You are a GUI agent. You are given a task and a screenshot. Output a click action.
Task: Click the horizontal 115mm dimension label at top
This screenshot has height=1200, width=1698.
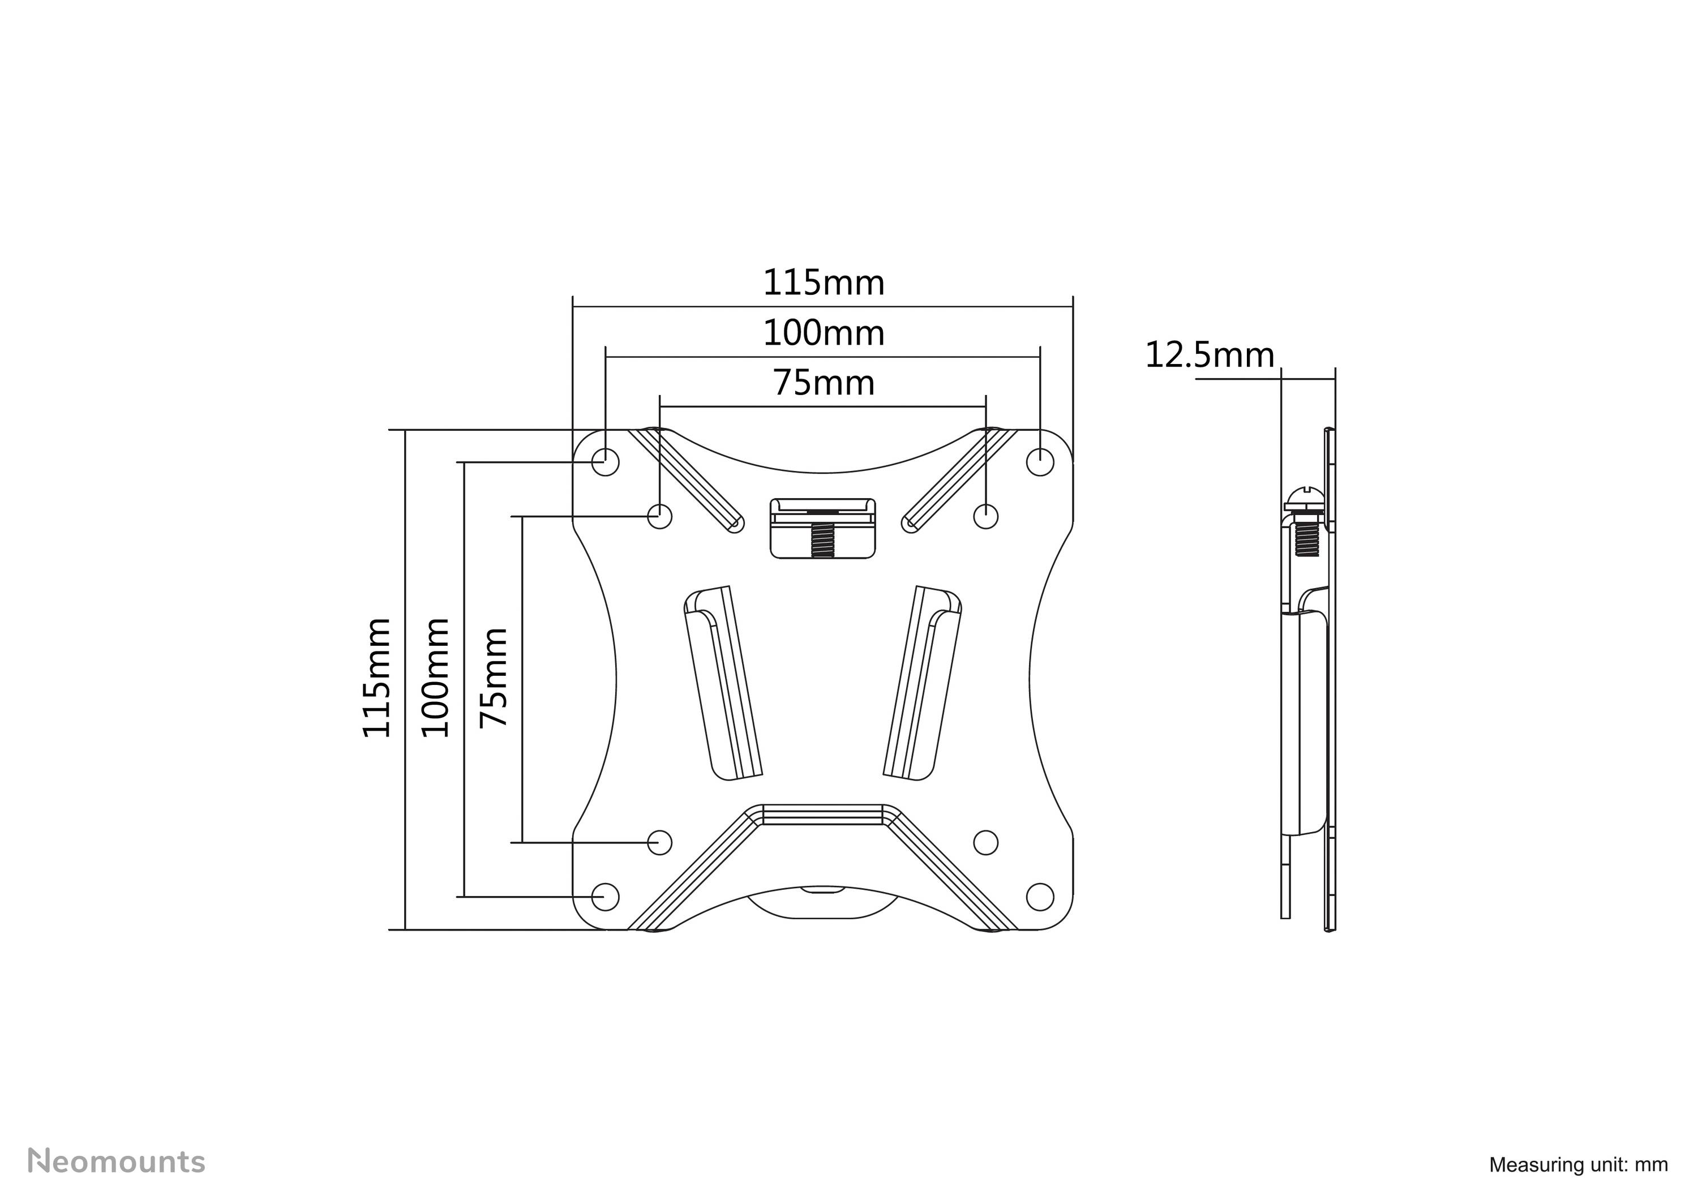click(823, 283)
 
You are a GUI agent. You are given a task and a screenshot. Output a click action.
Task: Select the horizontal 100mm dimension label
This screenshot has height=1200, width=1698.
click(823, 333)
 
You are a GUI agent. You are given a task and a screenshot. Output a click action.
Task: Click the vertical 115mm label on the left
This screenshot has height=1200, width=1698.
click(376, 678)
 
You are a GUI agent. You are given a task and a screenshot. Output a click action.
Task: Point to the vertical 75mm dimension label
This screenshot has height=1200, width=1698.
click(494, 678)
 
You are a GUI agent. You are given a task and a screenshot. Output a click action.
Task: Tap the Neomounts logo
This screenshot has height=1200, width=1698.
click(116, 1161)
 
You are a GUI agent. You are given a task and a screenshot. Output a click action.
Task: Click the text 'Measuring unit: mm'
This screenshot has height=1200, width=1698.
click(1578, 1164)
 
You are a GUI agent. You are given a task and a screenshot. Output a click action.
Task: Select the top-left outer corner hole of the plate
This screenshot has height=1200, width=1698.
click(605, 462)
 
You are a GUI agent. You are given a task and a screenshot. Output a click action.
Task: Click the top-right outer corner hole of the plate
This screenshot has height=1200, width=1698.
click(1040, 462)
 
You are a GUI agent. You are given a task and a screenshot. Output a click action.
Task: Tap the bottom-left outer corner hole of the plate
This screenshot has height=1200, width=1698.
click(605, 896)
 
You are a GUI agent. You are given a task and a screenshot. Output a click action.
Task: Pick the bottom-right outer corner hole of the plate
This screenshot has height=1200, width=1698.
click(1040, 896)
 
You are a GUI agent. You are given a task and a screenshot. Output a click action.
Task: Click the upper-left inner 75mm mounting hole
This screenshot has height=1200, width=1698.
click(660, 515)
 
